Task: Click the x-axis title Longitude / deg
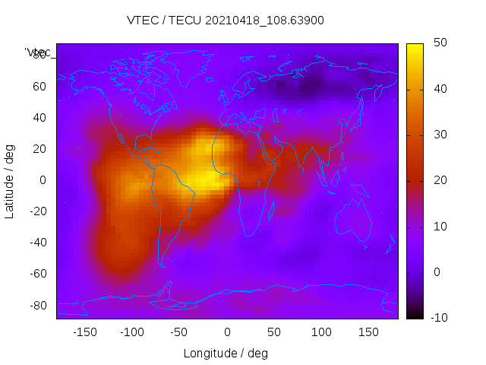coord(226,353)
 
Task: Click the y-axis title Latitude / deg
coord(10,180)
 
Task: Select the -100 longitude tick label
coord(132,332)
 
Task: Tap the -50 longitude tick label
coord(179,332)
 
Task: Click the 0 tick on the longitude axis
coord(227,332)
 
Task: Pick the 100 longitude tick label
coord(322,332)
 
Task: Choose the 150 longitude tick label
coord(369,332)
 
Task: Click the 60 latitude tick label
coord(39,87)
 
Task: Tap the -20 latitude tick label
coord(36,211)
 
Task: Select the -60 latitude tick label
coord(36,274)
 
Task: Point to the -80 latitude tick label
coord(36,305)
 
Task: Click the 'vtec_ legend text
coord(38,52)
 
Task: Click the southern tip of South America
coord(162,265)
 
